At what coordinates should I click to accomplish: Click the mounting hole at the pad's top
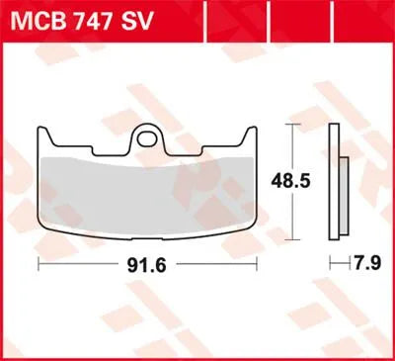coord(149,133)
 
